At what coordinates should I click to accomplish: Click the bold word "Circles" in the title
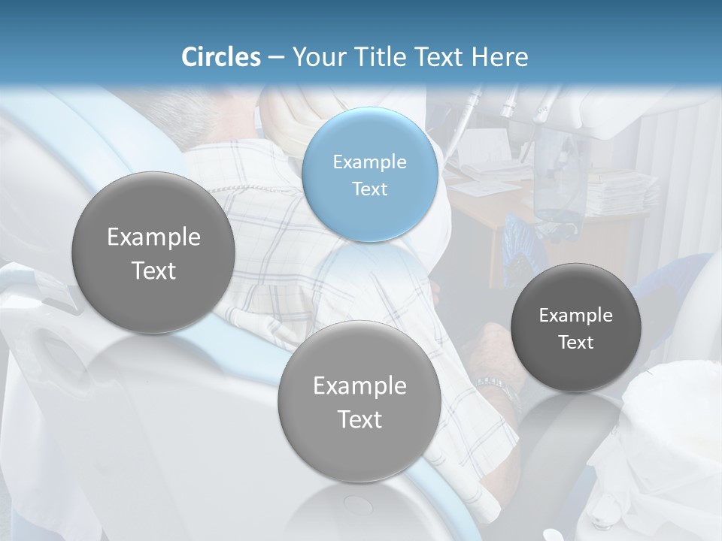(x=220, y=56)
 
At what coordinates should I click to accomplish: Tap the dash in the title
(x=275, y=57)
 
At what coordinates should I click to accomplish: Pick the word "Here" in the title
(x=500, y=56)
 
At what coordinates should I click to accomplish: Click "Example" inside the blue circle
(x=369, y=162)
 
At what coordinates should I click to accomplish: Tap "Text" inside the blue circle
(x=369, y=189)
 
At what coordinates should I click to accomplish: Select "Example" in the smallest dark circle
(x=575, y=315)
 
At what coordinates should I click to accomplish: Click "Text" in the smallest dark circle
(x=575, y=342)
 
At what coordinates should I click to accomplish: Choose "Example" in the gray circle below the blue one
(x=359, y=385)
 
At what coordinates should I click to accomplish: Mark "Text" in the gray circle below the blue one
(x=359, y=419)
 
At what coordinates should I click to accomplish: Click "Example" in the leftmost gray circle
(x=153, y=237)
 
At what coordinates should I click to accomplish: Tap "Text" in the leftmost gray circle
(x=153, y=270)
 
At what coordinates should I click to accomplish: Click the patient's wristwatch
(x=497, y=388)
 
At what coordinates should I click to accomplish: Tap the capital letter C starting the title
(x=189, y=56)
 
